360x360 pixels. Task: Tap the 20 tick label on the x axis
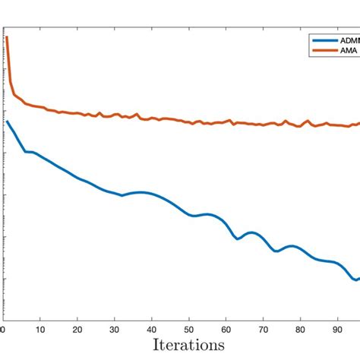77,330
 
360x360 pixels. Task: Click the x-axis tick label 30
115,330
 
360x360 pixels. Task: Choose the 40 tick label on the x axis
152,330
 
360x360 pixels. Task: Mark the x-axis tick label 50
189,330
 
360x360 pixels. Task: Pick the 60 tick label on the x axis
226,330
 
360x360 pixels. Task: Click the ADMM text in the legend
349,40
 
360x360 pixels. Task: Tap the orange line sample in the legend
325,51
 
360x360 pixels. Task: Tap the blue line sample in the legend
325,40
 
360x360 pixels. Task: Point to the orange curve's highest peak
7,36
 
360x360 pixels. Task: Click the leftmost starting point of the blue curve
7,121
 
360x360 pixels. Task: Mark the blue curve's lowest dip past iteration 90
354,279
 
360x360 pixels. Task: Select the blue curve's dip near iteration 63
238,238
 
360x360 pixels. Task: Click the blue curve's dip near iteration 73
276,251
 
